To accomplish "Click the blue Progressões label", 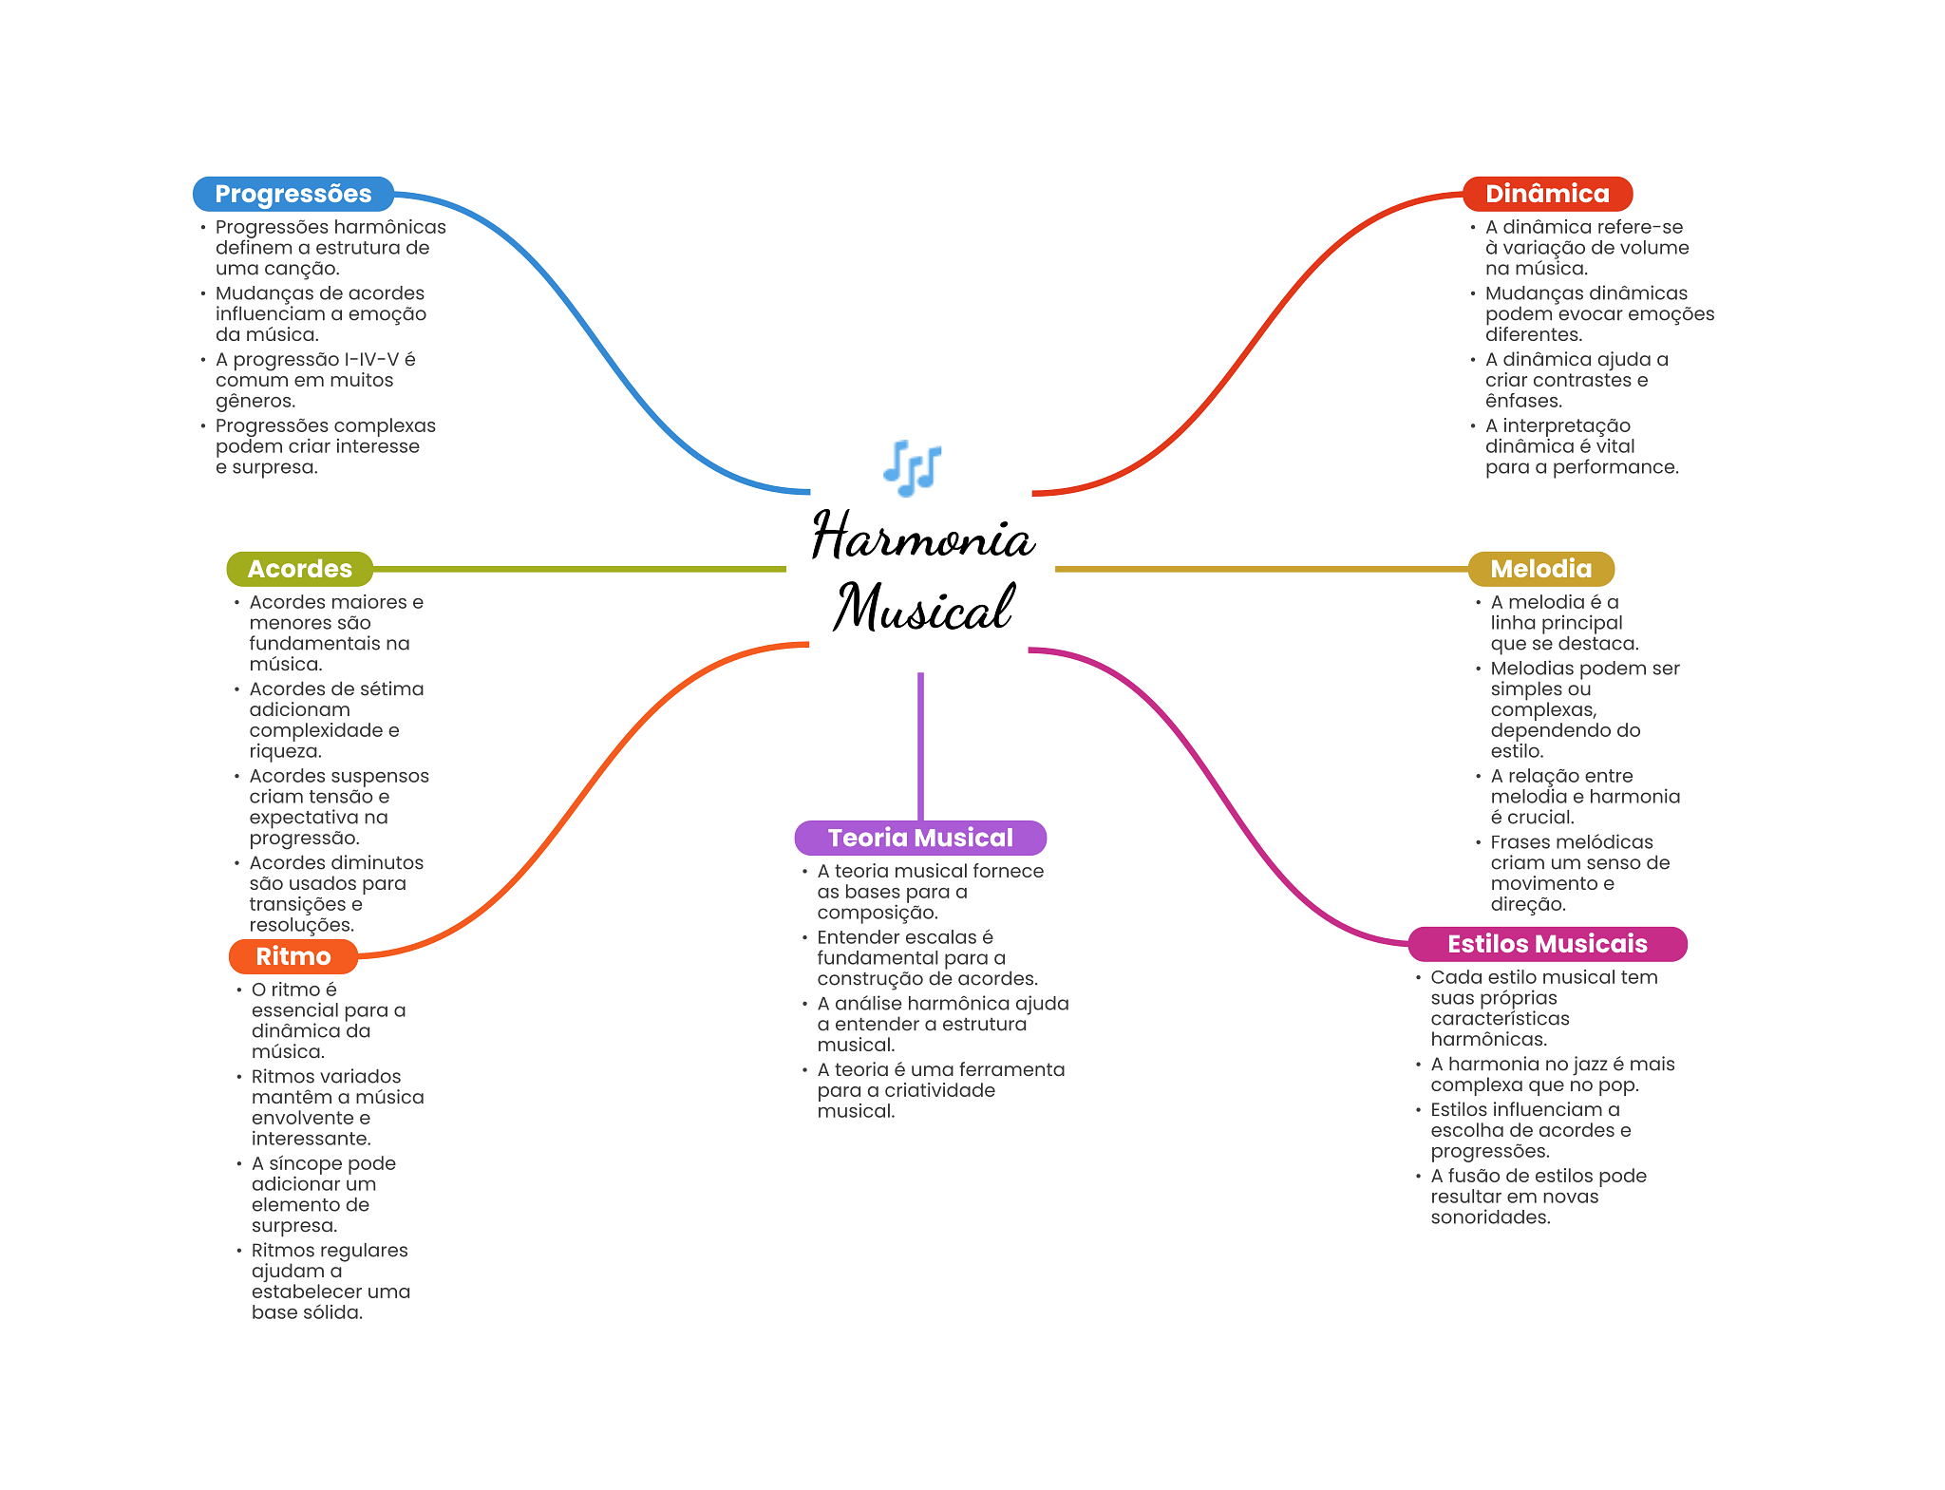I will tap(293, 194).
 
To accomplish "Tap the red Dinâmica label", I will tap(1546, 194).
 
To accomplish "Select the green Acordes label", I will tap(299, 569).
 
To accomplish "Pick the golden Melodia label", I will tap(1540, 569).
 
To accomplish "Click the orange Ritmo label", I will tap(293, 956).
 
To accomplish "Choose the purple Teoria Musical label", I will tap(919, 838).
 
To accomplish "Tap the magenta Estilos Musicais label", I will tap(1546, 944).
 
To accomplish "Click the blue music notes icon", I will tap(912, 467).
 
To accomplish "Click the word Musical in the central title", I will tap(923, 608).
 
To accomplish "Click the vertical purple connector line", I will tap(920, 745).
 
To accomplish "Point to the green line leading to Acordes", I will tap(579, 569).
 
